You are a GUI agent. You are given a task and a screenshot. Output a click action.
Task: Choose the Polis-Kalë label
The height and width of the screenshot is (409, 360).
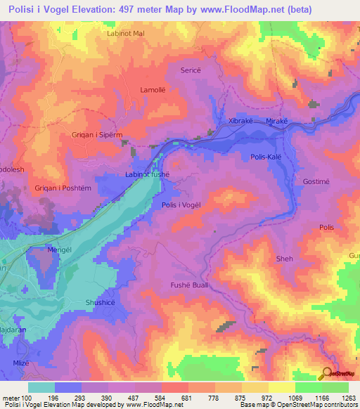pyautogui.click(x=267, y=158)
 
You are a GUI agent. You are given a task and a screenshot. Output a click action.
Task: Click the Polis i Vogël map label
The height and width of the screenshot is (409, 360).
pyautogui.click(x=181, y=204)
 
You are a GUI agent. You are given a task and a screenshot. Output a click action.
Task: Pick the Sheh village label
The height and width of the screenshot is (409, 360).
pyautogui.click(x=285, y=259)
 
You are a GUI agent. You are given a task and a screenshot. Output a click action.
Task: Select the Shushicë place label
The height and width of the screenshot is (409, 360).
pyautogui.click(x=100, y=301)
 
